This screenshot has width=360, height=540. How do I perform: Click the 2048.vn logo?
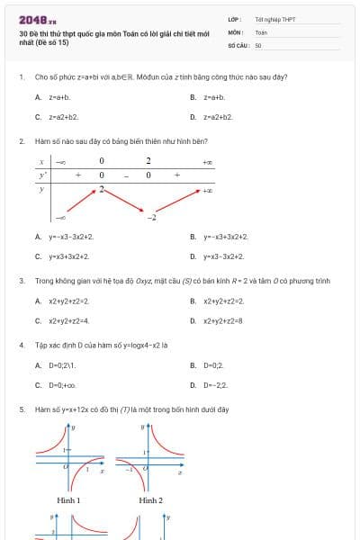coord(38,20)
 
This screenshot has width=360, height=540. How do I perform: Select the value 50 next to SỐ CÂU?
coord(258,44)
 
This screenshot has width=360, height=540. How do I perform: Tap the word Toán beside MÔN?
coord(261,31)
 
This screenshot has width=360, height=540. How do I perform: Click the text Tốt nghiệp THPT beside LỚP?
coord(274,19)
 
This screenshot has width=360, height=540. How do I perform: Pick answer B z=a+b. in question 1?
coord(213,97)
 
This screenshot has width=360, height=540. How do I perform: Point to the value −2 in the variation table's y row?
coord(152,218)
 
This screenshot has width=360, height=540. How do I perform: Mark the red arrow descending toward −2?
coord(125,201)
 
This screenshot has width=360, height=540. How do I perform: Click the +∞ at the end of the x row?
coord(208,162)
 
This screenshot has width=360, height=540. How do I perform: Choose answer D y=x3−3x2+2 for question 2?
coord(223,256)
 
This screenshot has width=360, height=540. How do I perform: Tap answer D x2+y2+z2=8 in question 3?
coord(222,320)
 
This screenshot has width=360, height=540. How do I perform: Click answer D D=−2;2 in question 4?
coord(215,385)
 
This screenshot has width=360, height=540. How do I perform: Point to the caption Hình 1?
coord(68,499)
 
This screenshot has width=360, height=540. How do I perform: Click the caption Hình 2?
coord(150,499)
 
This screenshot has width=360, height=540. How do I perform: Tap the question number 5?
coord(22,409)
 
